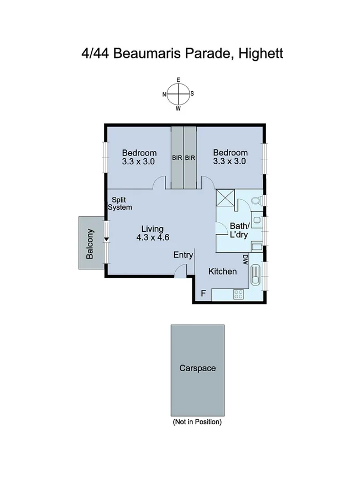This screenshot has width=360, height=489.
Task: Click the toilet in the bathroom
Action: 256,200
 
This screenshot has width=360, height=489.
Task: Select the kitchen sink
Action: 257,274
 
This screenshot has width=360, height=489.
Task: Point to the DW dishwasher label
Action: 244,259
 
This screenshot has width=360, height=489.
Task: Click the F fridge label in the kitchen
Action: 203,293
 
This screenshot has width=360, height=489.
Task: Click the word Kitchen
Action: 222,272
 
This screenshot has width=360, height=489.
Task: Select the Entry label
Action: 183,255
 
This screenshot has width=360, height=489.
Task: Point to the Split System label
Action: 122,204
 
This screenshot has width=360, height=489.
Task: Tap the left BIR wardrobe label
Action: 177,158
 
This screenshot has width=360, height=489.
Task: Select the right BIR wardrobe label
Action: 191,158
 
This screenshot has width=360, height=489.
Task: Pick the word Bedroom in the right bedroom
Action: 230,153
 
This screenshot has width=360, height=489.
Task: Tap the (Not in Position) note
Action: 197,422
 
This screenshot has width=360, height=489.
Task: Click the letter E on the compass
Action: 178,80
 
